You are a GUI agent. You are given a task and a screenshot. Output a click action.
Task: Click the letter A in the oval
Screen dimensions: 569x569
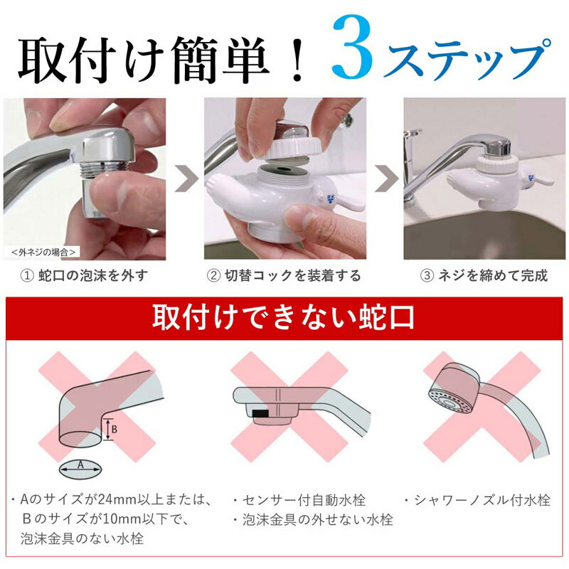point(80,464)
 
